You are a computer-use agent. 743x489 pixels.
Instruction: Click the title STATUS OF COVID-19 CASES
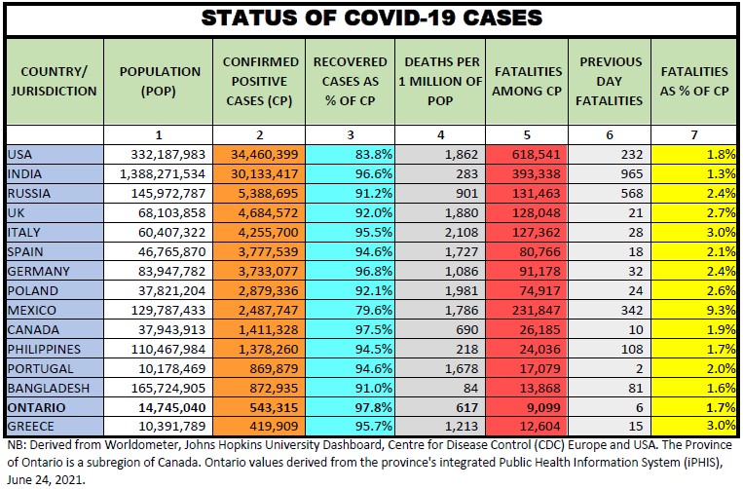(x=371, y=18)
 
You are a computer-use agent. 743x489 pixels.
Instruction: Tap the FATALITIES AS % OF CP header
(x=694, y=81)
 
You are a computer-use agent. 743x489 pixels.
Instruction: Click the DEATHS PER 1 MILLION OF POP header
(x=437, y=81)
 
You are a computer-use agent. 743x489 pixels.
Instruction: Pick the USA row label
(x=19, y=154)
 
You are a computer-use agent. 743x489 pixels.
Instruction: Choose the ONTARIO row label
(x=33, y=407)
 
